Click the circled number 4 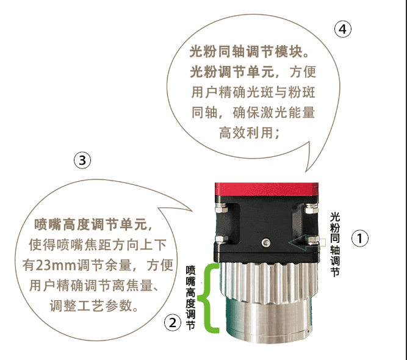[343, 29]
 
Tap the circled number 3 [82, 160]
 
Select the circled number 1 [360, 238]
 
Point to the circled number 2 [173, 323]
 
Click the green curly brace [207, 298]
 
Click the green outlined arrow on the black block [307, 243]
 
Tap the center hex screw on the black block [266, 243]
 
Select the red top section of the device [267, 189]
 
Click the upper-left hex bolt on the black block [222, 207]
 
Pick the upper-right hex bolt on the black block [311, 208]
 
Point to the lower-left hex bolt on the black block [222, 239]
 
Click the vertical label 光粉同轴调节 [335, 245]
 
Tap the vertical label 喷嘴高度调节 [190, 297]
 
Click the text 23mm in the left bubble [56, 265]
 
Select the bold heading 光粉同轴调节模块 [246, 51]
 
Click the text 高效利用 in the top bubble [246, 132]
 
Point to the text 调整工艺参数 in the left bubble [91, 306]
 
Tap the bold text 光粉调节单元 [232, 71]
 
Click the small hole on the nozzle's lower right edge [308, 331]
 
